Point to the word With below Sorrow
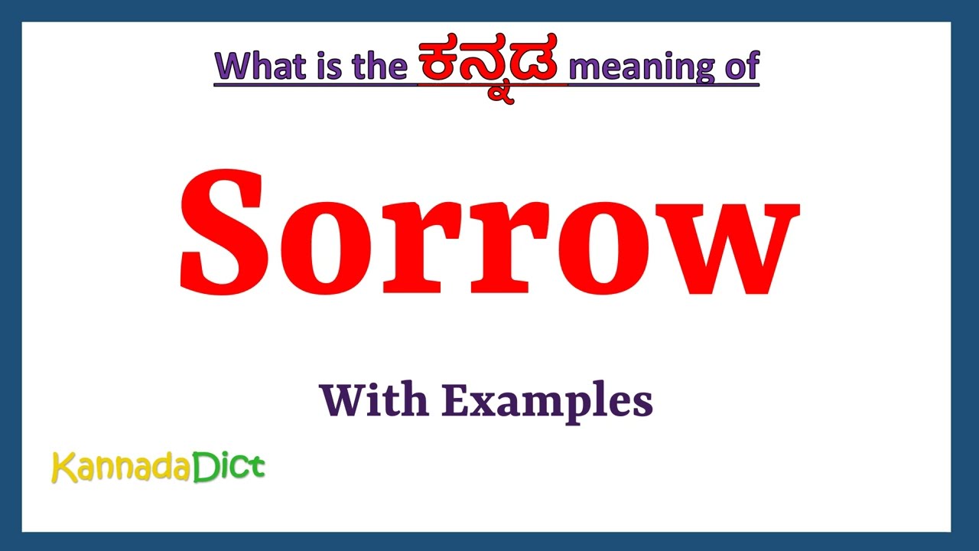[373, 400]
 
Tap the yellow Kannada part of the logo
[120, 467]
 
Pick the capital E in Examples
[454, 400]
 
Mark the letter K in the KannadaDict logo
[63, 466]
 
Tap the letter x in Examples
[481, 404]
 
